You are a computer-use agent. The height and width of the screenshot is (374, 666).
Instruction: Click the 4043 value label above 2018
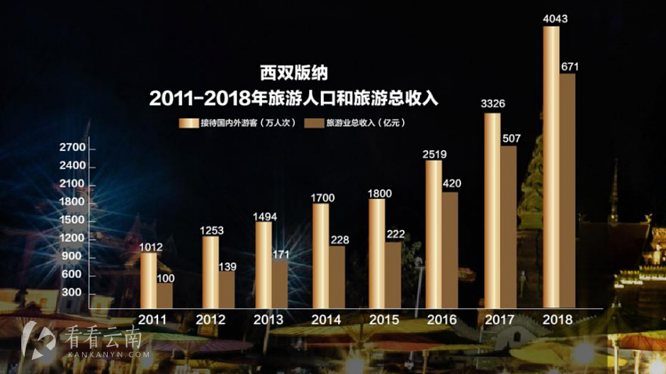(x=555, y=19)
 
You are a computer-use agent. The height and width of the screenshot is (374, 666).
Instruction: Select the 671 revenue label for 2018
(x=570, y=67)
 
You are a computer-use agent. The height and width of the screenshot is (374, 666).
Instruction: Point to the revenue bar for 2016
(x=449, y=249)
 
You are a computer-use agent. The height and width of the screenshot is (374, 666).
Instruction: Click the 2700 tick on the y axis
(x=72, y=148)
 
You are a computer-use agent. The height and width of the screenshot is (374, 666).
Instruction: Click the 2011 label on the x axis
(x=154, y=319)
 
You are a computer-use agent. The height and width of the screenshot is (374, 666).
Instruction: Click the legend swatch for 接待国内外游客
(x=188, y=123)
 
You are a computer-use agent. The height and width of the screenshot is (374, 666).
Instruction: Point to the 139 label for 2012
(x=226, y=266)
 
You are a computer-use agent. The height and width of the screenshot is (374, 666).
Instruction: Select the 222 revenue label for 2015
(x=396, y=235)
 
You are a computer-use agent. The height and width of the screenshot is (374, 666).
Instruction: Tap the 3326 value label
(x=493, y=104)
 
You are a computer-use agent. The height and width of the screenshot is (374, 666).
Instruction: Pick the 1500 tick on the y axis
(x=72, y=220)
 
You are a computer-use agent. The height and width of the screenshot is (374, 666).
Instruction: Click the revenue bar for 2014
(x=337, y=277)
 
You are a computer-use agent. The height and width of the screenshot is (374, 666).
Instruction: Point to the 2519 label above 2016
(x=438, y=153)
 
